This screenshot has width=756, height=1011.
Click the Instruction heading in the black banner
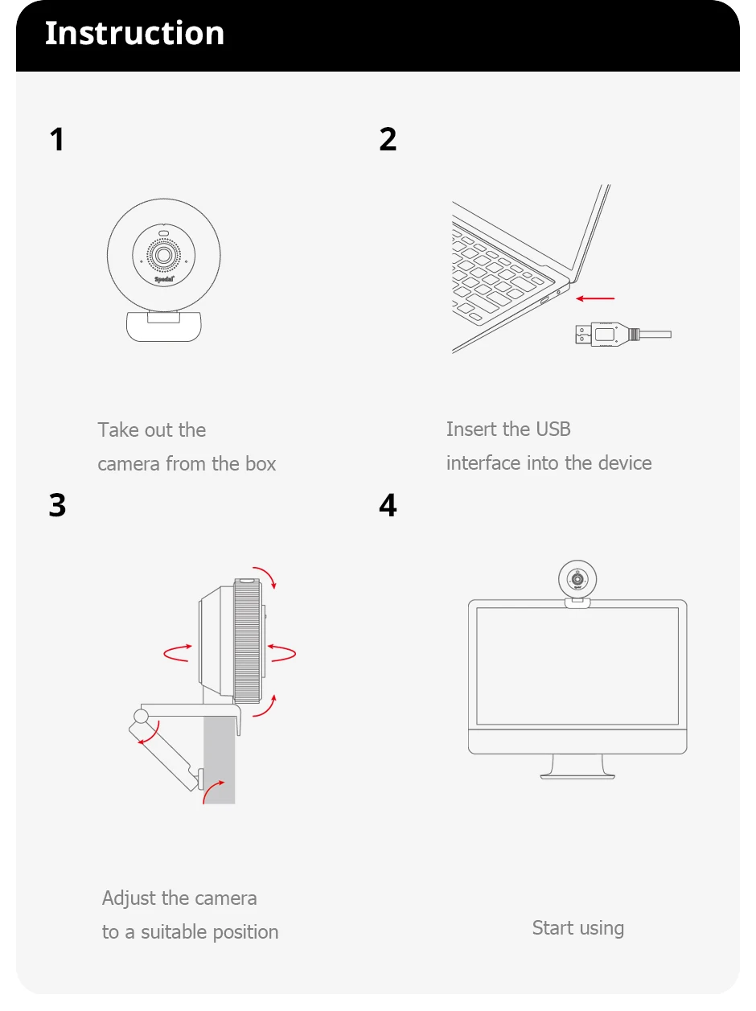(134, 34)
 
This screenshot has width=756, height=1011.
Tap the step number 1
(56, 140)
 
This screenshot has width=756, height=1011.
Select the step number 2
(388, 140)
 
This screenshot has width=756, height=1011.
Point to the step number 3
(57, 506)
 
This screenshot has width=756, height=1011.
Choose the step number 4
(388, 506)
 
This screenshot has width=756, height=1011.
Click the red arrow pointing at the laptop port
(596, 298)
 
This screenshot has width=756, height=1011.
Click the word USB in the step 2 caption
(553, 429)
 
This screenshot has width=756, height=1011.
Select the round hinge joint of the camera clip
(142, 715)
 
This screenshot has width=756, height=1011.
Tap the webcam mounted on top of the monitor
(577, 581)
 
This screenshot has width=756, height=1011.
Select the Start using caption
(577, 928)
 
